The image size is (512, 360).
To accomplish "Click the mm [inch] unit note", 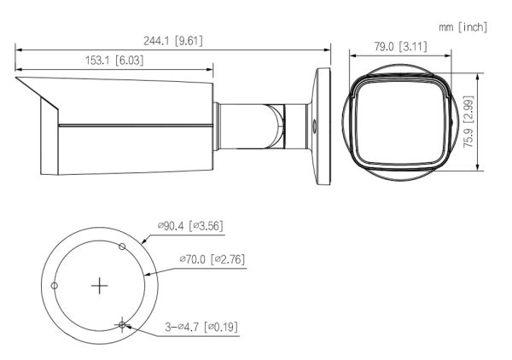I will (x=463, y=27).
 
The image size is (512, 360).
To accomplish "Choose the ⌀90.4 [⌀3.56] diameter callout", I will (x=190, y=225).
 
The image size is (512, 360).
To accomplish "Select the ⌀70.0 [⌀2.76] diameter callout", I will (x=212, y=258).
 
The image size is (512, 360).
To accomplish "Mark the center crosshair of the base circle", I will (x=101, y=285).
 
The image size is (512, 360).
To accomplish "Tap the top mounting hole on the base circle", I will (x=123, y=247).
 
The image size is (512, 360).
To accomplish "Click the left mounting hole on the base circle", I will (x=55, y=285).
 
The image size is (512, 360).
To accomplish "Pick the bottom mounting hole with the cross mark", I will (x=123, y=323).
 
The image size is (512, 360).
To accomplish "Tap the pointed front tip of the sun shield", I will (x=17, y=79).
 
